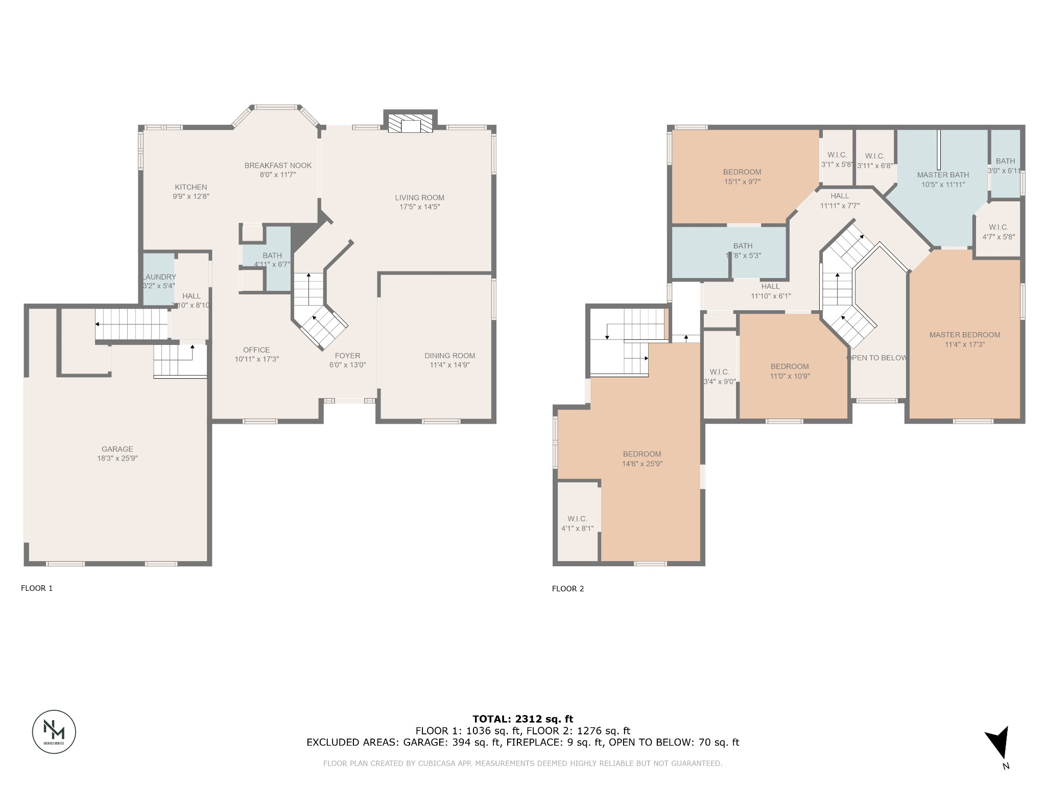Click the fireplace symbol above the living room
click(x=410, y=123)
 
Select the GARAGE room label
click(x=117, y=449)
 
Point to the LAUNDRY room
click(x=158, y=281)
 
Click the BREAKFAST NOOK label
click(x=277, y=166)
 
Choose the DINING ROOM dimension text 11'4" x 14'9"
click(x=449, y=365)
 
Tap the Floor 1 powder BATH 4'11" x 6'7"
click(x=272, y=260)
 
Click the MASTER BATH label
click(x=943, y=175)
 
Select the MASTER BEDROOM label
click(x=964, y=335)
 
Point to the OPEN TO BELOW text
click(x=876, y=358)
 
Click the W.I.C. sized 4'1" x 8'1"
click(x=577, y=523)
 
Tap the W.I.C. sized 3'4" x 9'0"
click(x=719, y=376)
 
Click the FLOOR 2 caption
click(x=567, y=588)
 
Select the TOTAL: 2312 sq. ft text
click(x=522, y=719)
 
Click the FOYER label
click(x=347, y=356)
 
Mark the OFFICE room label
click(x=256, y=350)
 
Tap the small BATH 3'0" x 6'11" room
click(x=1005, y=166)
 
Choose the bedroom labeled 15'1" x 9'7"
click(x=742, y=176)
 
